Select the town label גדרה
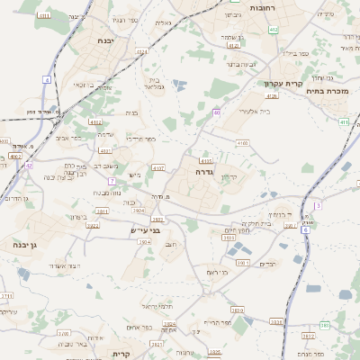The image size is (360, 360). pos(202,170)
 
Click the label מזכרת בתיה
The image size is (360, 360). pos(327,90)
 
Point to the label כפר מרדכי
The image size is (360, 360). pos(142,139)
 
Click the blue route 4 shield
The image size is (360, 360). pos(46,79)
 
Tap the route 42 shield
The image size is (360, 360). pos(29,166)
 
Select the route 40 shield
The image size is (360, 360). pos(217,112)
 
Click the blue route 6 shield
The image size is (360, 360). pos(306,229)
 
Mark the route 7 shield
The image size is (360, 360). pos(113,181)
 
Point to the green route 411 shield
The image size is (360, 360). pos(344,121)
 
